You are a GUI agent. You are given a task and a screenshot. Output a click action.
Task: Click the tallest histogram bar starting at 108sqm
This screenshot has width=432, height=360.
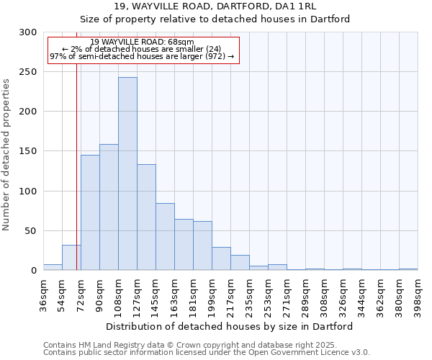pos(127,174)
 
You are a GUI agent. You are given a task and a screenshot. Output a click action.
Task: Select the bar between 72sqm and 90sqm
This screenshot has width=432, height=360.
pos(90,212)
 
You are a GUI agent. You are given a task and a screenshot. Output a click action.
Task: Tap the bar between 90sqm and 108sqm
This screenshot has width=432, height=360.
pos(109,207)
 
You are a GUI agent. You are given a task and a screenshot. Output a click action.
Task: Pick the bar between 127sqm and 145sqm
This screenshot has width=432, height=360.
pos(146,217)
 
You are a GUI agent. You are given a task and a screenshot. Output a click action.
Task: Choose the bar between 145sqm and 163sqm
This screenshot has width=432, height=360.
pos(165,237)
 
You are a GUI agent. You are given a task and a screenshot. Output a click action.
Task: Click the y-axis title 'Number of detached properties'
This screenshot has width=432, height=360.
pos(6,155)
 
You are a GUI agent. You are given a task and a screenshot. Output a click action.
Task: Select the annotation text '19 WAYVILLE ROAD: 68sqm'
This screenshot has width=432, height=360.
pos(143,42)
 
